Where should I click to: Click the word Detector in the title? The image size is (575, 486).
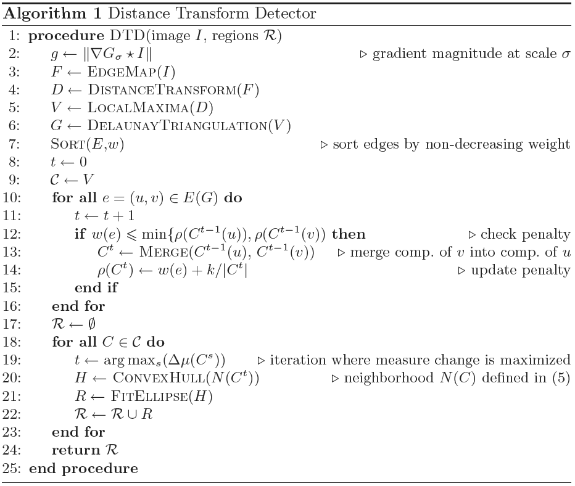285,14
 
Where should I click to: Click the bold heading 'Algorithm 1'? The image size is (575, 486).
52,14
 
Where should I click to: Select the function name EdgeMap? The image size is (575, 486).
122,72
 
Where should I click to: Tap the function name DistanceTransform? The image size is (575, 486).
162,90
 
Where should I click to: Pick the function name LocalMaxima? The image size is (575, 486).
138,108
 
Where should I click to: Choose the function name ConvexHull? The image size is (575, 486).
159,378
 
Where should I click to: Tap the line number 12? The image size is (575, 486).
12,234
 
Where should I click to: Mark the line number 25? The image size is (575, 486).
12,468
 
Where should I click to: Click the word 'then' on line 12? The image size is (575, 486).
349,234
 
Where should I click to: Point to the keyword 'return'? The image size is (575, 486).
76,450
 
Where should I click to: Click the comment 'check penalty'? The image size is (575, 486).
525,234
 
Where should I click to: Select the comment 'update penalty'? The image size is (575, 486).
520,270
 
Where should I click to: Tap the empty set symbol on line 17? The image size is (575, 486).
92,324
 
